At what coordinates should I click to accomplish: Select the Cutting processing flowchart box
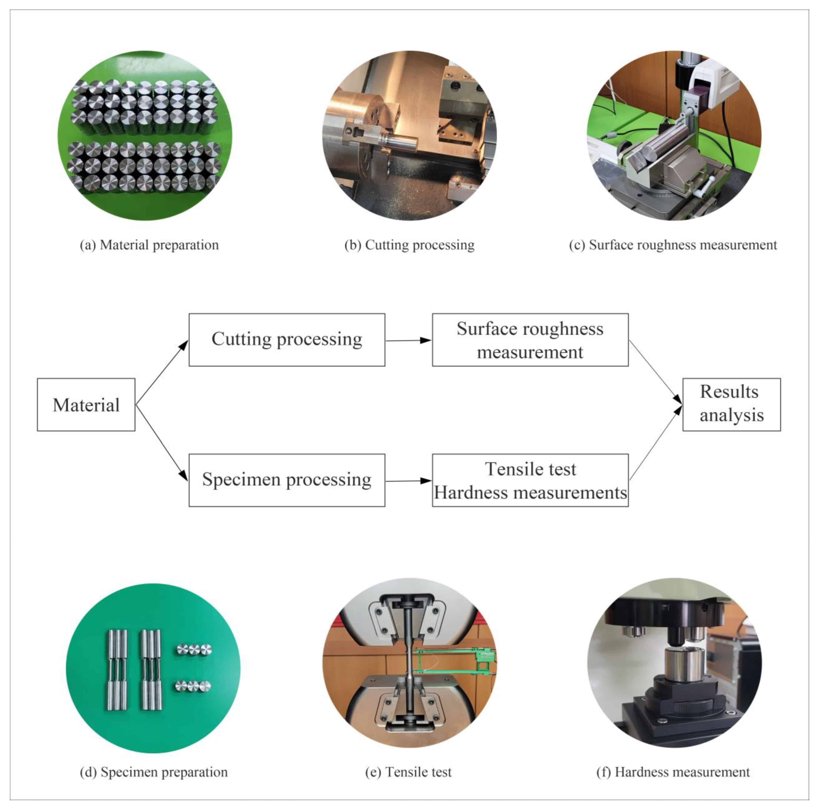287,339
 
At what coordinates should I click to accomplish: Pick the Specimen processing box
287,480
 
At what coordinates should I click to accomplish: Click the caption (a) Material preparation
149,245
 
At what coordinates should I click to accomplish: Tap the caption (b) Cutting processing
409,245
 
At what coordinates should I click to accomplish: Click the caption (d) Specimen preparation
154,772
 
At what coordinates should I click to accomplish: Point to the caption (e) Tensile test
408,772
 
